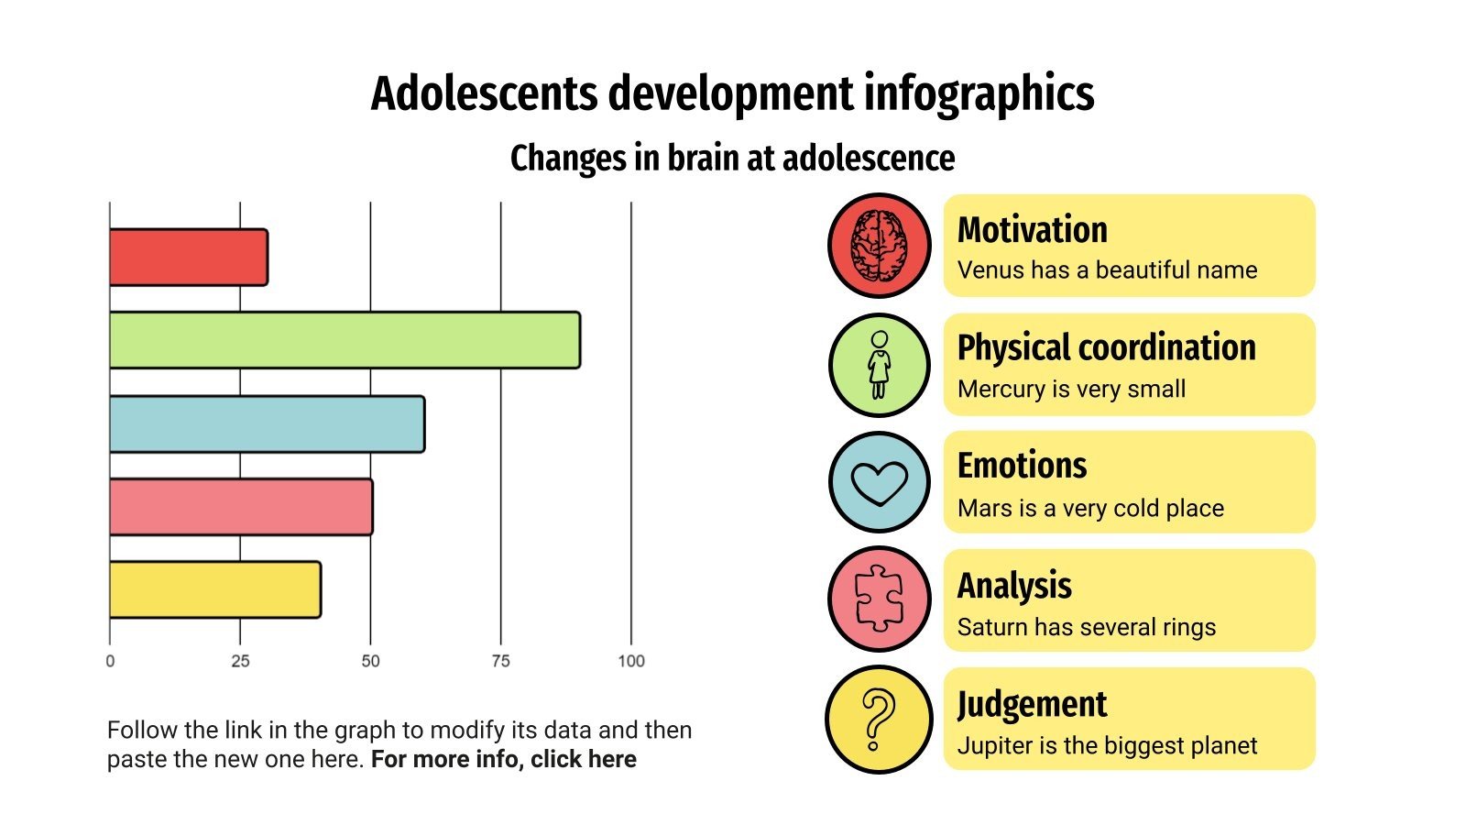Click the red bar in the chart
(188, 258)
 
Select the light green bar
(345, 340)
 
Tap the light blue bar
(267, 423)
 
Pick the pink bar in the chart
(240, 507)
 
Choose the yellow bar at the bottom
(214, 589)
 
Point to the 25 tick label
(240, 661)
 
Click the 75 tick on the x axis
(500, 661)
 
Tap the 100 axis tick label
(630, 661)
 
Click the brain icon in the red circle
(880, 246)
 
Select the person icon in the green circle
(880, 365)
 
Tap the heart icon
(880, 483)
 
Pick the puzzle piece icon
(880, 599)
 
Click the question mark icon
(879, 720)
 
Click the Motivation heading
(1032, 230)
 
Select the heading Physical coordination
(1106, 348)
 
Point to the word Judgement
(1032, 705)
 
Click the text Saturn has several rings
(1086, 627)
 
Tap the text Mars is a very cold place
(1090, 508)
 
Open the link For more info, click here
(503, 759)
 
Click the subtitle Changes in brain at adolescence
(732, 158)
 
